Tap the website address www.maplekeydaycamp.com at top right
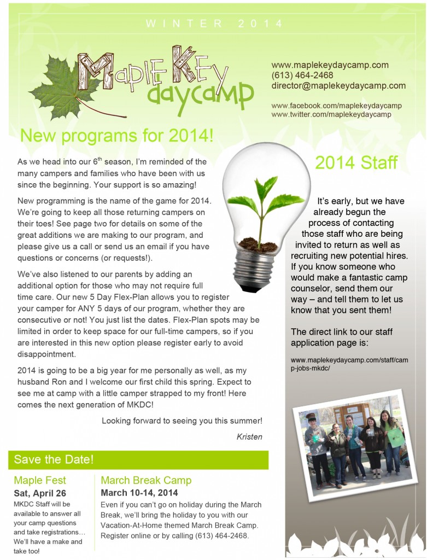tap(330, 65)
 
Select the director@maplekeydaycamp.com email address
tap(338, 85)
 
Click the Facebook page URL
tap(336, 105)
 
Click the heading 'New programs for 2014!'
tap(116, 135)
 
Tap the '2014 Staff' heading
tap(356, 162)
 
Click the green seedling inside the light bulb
tap(260, 202)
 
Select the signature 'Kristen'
tap(249, 436)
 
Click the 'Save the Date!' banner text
tap(54, 459)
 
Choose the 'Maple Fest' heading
tap(40, 480)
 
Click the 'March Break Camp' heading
tap(146, 480)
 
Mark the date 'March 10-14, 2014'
tap(139, 493)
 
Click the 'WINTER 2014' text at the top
tap(214, 24)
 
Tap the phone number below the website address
tap(302, 75)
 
